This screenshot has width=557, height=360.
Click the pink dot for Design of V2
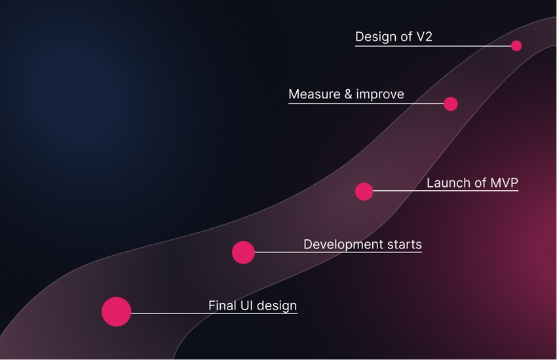[516, 46]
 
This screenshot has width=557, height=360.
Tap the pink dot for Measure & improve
[451, 104]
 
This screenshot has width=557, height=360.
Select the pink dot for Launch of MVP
[364, 191]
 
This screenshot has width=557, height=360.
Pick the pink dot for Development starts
[243, 252]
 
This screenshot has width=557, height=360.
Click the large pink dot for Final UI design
[117, 311]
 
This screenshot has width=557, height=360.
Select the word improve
[380, 94]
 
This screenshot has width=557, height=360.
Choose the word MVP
[504, 183]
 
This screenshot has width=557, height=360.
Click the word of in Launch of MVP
[480, 183]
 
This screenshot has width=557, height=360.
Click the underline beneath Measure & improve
[366, 104]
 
